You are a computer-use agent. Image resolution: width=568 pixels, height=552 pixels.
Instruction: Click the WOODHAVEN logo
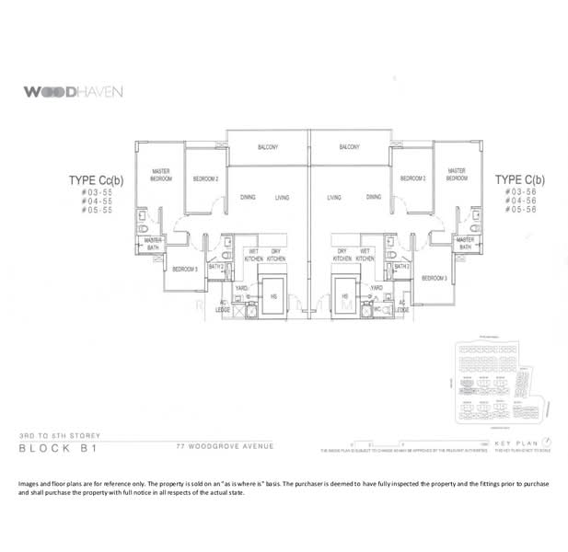click(71, 92)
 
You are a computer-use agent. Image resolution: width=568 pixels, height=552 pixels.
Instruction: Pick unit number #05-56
click(522, 211)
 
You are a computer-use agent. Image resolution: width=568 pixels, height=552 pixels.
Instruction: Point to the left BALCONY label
click(268, 147)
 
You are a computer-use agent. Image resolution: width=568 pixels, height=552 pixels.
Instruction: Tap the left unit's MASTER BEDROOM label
click(162, 175)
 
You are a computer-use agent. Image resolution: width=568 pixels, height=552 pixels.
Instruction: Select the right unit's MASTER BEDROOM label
click(456, 174)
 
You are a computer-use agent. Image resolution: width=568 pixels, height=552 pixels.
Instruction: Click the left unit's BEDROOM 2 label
click(205, 178)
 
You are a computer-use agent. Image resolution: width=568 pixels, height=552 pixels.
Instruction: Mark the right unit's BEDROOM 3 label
click(435, 277)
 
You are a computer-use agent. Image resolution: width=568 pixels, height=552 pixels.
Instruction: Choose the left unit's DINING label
click(248, 198)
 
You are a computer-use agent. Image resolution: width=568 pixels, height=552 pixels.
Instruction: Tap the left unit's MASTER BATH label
click(154, 244)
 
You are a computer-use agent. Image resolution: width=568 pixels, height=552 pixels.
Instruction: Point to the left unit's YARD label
click(242, 287)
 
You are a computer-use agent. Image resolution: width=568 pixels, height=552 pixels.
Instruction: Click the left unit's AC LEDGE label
click(222, 306)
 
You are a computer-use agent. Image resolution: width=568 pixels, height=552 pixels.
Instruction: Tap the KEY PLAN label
click(514, 445)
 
